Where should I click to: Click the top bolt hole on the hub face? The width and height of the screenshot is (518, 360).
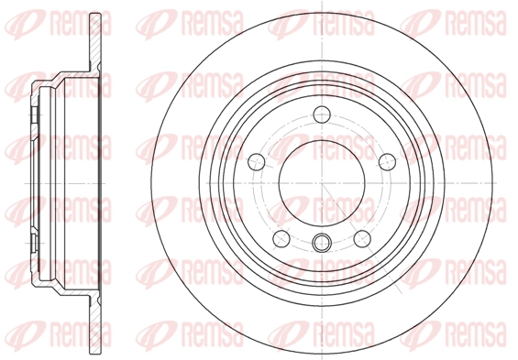click(x=322, y=115)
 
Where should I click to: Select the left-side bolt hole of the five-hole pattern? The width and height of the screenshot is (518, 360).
click(x=257, y=162)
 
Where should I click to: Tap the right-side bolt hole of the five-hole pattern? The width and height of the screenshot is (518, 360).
click(x=387, y=162)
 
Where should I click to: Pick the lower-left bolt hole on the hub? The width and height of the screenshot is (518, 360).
click(x=281, y=238)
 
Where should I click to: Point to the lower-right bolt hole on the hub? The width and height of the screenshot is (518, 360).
click(x=362, y=238)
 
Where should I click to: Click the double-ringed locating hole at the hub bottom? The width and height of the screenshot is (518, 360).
click(x=322, y=243)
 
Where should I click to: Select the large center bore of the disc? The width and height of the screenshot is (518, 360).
click(x=322, y=182)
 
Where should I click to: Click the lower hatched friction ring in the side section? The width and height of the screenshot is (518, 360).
click(x=95, y=323)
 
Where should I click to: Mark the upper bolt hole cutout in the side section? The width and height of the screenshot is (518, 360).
click(x=34, y=115)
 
